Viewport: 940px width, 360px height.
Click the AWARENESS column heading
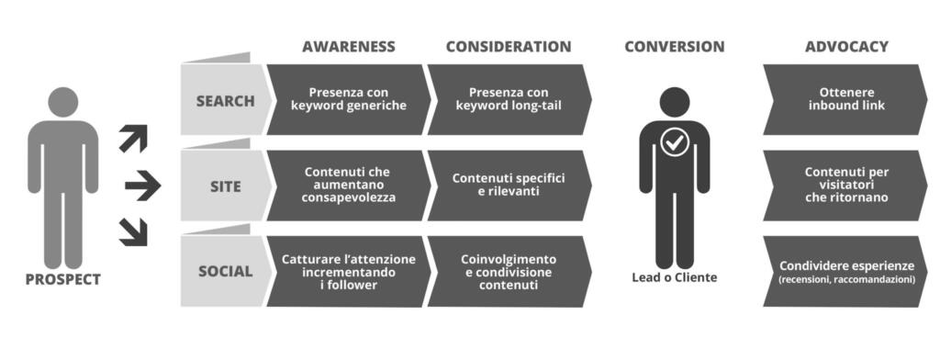click(348, 47)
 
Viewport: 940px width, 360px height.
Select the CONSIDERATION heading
click(509, 47)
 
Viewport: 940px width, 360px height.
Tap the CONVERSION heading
click(675, 47)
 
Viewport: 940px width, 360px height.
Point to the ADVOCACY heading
click(846, 47)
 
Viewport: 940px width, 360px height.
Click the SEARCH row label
click(226, 101)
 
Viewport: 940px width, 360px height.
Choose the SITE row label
click(226, 186)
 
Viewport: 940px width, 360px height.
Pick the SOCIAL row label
click(226, 271)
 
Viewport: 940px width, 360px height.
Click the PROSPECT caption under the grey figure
click(63, 279)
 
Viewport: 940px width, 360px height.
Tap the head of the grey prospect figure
click(63, 102)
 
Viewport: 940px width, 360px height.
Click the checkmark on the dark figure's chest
click(675, 142)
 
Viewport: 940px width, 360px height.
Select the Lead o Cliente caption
click(675, 277)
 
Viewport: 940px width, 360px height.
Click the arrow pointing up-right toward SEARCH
click(133, 138)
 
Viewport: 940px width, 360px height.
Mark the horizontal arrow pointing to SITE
click(142, 186)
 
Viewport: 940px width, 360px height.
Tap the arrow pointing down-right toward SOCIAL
click(133, 232)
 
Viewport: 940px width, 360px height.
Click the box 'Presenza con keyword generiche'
click(348, 99)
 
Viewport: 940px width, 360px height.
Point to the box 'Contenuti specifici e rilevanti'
click(509, 186)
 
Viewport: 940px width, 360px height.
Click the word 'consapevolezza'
click(349, 197)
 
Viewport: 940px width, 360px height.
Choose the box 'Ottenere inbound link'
click(845, 99)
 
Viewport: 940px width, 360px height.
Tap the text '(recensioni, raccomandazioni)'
click(846, 279)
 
